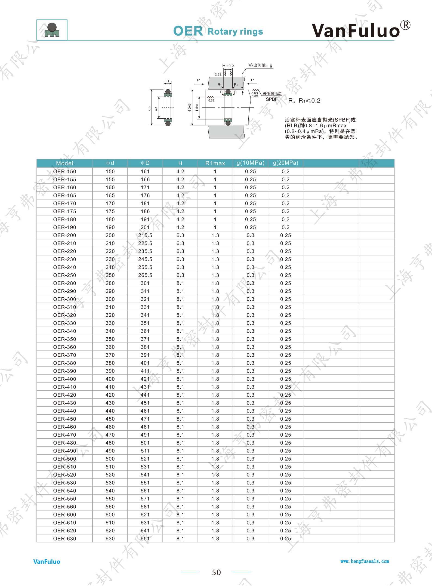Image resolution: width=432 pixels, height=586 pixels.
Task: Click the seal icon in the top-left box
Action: [x=52, y=30]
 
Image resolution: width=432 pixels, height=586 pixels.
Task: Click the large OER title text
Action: [x=188, y=31]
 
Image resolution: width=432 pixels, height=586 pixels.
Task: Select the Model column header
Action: [x=64, y=163]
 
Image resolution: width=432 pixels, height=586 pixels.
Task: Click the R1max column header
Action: [x=215, y=163]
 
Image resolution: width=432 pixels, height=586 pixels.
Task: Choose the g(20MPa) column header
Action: [x=286, y=163]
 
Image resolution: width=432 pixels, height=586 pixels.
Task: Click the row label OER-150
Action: [x=65, y=171]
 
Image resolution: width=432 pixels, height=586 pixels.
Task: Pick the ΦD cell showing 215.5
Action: [x=145, y=235]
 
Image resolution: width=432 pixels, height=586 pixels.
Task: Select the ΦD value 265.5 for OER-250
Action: [x=145, y=275]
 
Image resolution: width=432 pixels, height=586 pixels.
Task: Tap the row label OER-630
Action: [x=65, y=539]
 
